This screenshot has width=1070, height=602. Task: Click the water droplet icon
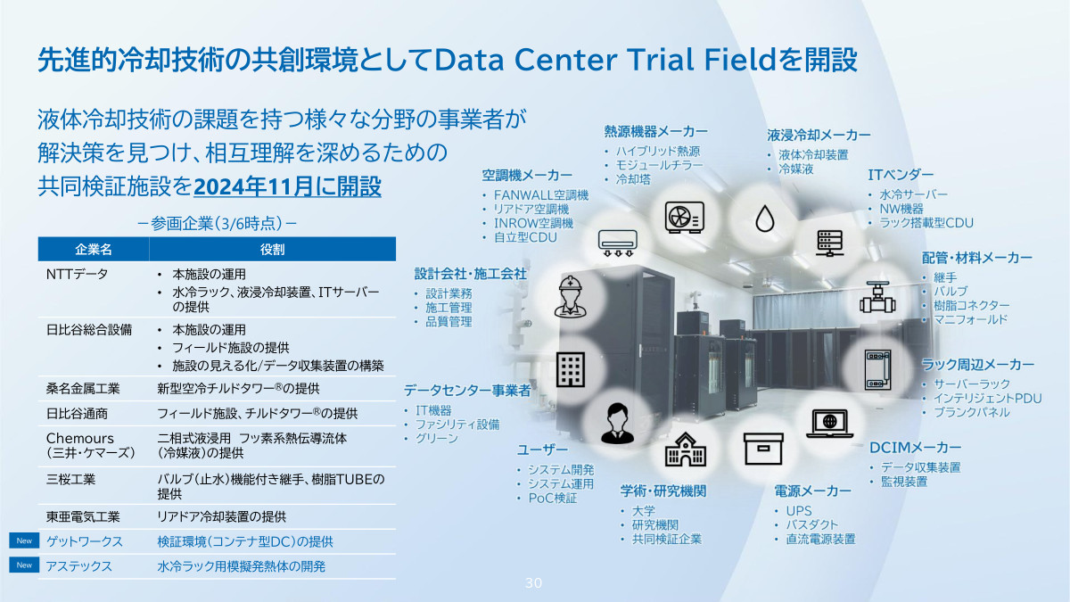click(765, 219)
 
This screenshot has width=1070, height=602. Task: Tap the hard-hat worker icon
click(571, 296)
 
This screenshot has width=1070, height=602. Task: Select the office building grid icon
click(571, 369)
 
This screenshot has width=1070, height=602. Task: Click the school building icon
click(686, 449)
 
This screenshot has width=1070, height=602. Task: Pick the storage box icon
click(763, 449)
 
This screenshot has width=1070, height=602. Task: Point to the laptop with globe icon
click(830, 424)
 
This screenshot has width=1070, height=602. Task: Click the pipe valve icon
click(877, 297)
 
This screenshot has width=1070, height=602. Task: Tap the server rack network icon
click(830, 243)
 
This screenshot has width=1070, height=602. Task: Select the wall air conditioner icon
click(618, 243)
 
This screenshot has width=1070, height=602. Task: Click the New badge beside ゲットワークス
click(24, 540)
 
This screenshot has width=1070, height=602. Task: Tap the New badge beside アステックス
click(24, 565)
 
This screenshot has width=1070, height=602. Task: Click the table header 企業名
click(94, 250)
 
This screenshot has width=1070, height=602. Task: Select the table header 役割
click(272, 250)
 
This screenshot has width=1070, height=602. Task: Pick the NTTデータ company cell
click(77, 275)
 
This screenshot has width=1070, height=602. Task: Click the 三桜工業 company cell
click(70, 479)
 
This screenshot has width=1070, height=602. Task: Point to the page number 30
click(533, 583)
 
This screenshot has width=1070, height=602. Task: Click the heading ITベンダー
click(901, 175)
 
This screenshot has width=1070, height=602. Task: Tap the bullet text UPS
click(799, 511)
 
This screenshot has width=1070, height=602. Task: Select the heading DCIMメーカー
click(915, 448)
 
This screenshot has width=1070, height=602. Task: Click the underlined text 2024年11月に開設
click(287, 186)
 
